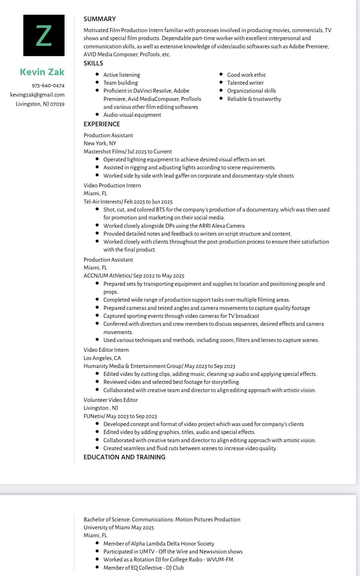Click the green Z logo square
point(44,35)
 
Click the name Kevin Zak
point(42,72)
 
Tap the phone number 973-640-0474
point(48,86)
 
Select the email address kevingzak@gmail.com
point(37,95)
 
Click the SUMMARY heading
point(100,19)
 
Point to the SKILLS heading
point(93,63)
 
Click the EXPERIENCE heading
point(102,124)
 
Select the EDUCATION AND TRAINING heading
point(124,457)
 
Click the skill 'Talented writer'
point(245,83)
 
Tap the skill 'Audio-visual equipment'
point(132,115)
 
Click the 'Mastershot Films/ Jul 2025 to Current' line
point(128,152)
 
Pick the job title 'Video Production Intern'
point(112,185)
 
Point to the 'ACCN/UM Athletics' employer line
point(134,276)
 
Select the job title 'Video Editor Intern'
point(106,350)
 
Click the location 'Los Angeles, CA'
point(102,358)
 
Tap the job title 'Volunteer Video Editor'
point(111,400)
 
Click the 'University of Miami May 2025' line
point(118,527)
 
